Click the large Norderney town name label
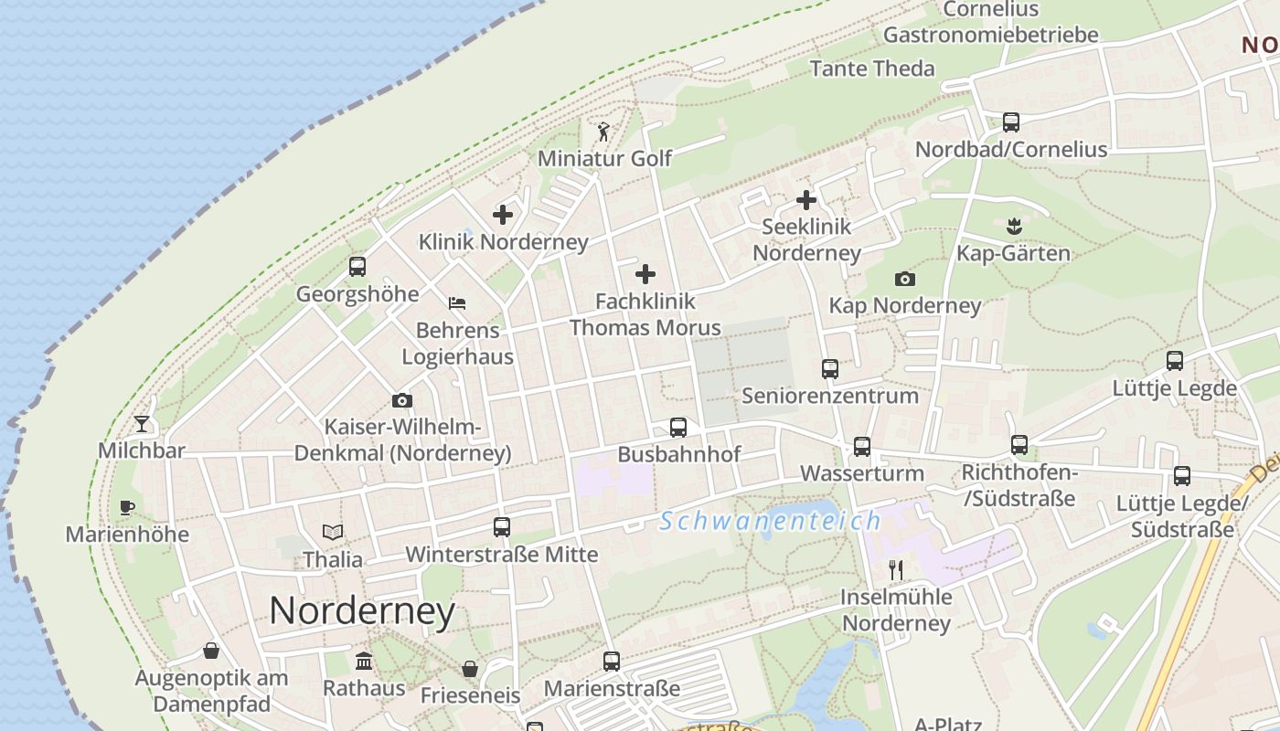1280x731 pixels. [x=362, y=610]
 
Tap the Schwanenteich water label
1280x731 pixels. [x=770, y=521]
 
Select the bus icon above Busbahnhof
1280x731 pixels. [x=678, y=427]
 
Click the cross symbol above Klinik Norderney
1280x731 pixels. [x=503, y=215]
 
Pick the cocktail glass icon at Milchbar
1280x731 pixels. [x=142, y=423]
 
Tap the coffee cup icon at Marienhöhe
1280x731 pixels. [x=127, y=507]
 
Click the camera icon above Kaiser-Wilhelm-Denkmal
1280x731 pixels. [x=401, y=400]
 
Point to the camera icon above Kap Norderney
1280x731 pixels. [x=905, y=279]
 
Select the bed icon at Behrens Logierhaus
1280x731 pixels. [x=457, y=302]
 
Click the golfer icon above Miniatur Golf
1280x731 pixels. [x=603, y=132]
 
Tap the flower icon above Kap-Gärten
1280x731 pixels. [x=1013, y=225]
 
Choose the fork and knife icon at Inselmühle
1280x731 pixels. [x=896, y=570]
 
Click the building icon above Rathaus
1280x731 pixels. [x=364, y=661]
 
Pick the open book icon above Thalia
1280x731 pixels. [x=333, y=532]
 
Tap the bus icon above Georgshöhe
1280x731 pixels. [x=357, y=267]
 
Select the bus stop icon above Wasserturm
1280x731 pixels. [x=862, y=446]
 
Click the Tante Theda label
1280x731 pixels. [x=872, y=69]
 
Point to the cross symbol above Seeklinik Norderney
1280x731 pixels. [x=806, y=199]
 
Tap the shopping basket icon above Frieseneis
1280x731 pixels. [x=470, y=669]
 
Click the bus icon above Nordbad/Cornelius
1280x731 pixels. [x=1011, y=122]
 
